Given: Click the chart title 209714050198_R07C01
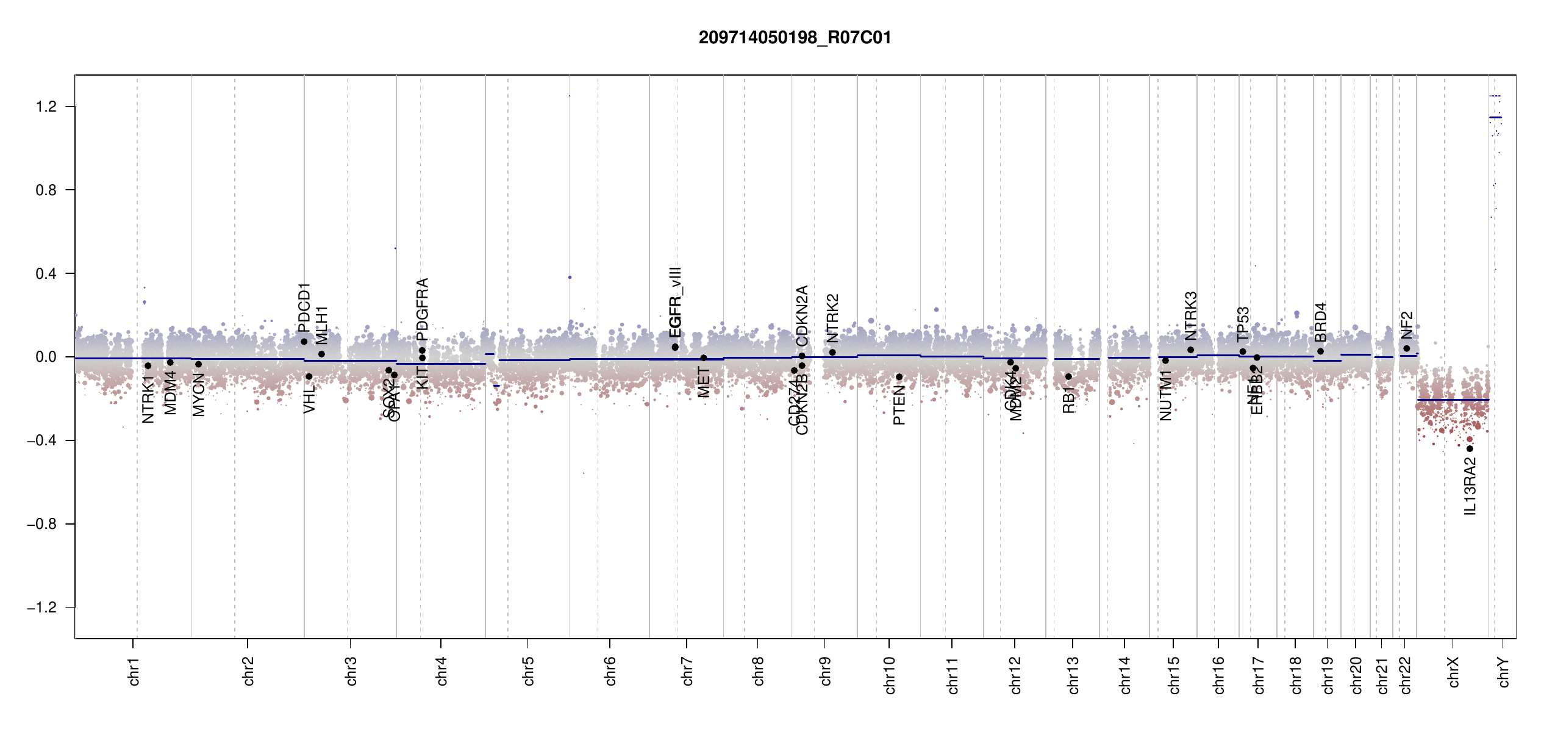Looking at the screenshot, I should tap(795, 38).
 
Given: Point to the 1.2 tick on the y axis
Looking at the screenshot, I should tap(46, 107).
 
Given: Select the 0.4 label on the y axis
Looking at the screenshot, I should tap(46, 273).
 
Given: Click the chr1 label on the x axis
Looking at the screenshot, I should tap(134, 671).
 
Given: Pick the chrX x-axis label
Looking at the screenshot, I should tap(1454, 672).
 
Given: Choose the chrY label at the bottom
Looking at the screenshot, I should tap(1504, 672).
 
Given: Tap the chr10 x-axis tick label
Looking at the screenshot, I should tap(890, 675).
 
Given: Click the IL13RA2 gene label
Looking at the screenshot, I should tap(1470, 486).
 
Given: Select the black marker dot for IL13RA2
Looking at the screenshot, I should tap(1470, 449).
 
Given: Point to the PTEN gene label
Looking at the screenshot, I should tap(899, 404).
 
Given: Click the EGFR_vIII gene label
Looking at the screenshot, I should tap(675, 302).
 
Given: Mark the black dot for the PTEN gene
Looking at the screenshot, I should tap(899, 377).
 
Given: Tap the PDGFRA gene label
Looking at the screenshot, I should tap(422, 309).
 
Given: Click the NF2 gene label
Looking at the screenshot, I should tap(1407, 325).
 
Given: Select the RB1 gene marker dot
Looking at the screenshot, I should tap(1068, 376).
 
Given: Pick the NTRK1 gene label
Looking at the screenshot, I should tap(148, 400).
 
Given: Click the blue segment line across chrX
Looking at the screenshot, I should tap(1453, 400).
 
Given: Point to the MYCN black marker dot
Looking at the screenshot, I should tap(198, 364).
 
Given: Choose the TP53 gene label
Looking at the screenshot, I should tap(1243, 324).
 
